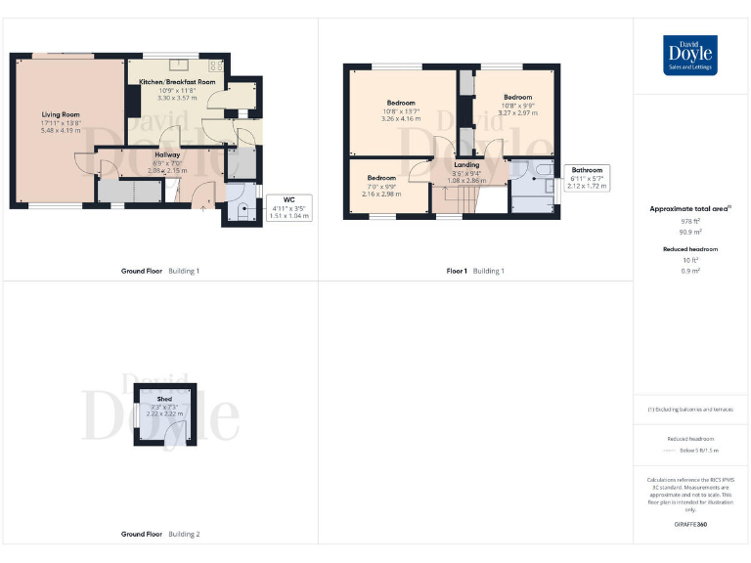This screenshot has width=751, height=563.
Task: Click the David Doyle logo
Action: pyautogui.click(x=690, y=55)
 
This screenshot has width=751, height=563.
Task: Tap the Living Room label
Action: pyautogui.click(x=60, y=114)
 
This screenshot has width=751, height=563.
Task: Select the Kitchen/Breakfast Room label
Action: pyautogui.click(x=171, y=82)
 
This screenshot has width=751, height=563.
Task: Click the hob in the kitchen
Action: pyautogui.click(x=215, y=66)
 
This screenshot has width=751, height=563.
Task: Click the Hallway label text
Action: pyautogui.click(x=165, y=154)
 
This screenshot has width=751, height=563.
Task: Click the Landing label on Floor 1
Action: pyautogui.click(x=466, y=165)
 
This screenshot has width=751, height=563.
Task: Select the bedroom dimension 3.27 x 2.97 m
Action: pyautogui.click(x=517, y=112)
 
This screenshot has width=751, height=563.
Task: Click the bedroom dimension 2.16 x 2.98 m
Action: pyautogui.click(x=381, y=194)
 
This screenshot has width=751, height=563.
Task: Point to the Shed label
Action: pyautogui.click(x=164, y=399)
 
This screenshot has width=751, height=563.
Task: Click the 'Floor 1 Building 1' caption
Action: pyautogui.click(x=475, y=271)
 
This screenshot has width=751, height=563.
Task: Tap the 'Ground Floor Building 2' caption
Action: pyautogui.click(x=160, y=535)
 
